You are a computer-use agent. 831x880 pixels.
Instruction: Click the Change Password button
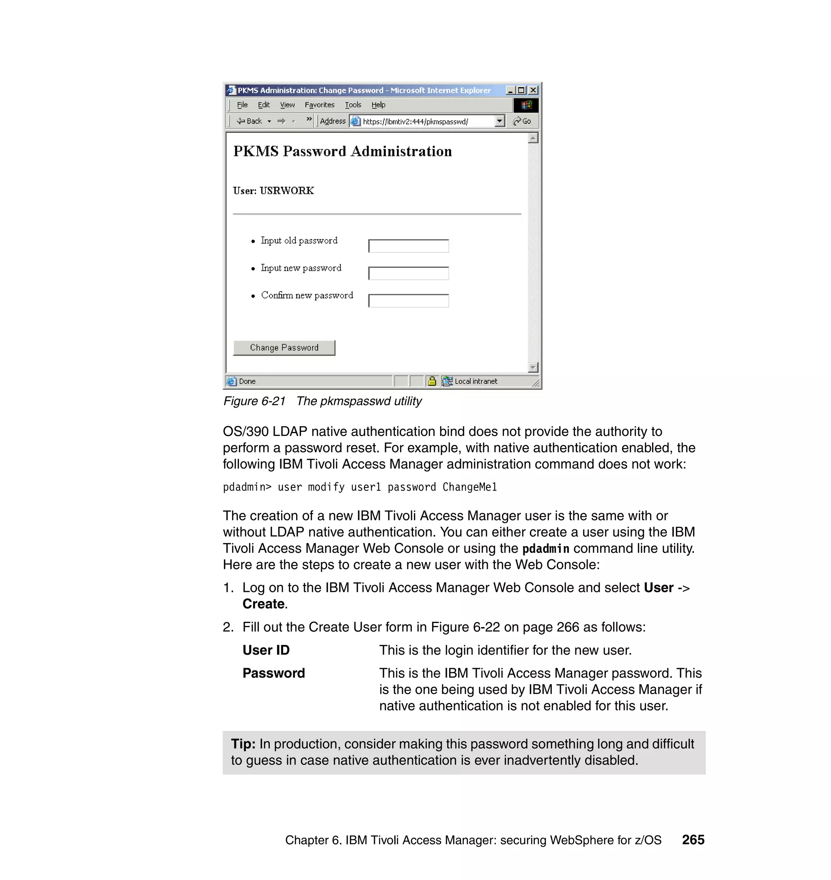tap(284, 348)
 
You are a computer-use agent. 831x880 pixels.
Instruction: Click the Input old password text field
tap(408, 246)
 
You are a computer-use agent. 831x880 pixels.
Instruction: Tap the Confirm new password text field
tap(408, 301)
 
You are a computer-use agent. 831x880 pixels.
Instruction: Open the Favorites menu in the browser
tap(319, 105)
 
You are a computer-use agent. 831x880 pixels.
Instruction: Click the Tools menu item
tap(353, 105)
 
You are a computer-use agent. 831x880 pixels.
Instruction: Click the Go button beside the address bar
tap(522, 121)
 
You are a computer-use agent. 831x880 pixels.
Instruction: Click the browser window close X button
tap(533, 91)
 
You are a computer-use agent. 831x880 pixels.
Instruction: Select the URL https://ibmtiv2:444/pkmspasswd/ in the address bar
tap(415, 121)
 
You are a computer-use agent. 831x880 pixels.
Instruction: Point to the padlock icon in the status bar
tap(432, 381)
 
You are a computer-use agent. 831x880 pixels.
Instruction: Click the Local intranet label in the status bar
tap(475, 381)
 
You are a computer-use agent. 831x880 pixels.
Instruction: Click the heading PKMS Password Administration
tap(342, 151)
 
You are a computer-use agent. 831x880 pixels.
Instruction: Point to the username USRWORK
tap(286, 190)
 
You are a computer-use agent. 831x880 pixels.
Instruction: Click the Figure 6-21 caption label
tap(254, 401)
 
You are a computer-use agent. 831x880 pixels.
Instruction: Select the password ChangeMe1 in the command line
tap(469, 487)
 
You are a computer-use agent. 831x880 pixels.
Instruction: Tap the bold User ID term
tap(266, 650)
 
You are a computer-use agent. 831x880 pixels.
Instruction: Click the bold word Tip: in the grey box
tap(243, 744)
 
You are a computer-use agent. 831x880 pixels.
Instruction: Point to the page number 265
tap(693, 840)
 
